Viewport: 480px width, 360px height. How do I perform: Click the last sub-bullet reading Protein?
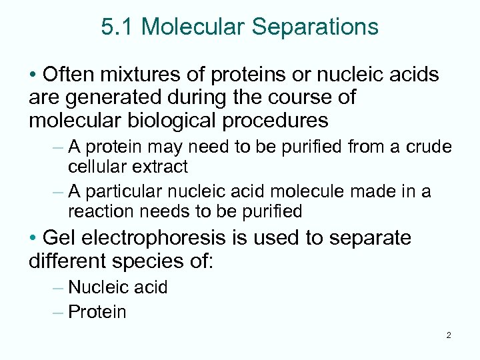pyautogui.click(x=97, y=311)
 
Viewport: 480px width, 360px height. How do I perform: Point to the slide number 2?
pyautogui.click(x=448, y=335)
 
